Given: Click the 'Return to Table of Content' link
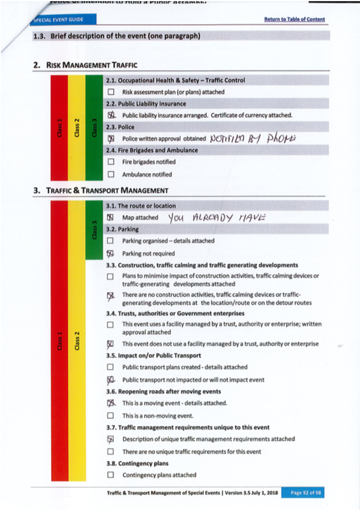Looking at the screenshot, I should tap(294, 20).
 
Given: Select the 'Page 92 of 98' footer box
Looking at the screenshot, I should tap(302, 493).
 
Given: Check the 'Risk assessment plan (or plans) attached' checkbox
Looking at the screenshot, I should tap(111, 92).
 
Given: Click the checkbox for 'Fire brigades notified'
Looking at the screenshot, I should tap(111, 162).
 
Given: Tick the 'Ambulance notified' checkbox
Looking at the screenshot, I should tap(111, 174).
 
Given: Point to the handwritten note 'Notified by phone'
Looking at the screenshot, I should tap(249, 138).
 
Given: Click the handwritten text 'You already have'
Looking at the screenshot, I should tap(216, 217).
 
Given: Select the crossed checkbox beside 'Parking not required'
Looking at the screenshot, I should tap(111, 254).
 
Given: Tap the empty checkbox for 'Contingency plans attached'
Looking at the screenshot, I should tap(111, 475).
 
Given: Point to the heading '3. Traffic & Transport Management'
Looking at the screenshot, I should tap(101, 190).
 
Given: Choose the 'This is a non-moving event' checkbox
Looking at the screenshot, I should tap(111, 415).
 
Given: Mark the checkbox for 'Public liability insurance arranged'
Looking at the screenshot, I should tap(111, 115).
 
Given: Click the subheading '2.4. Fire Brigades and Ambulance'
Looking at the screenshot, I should tap(152, 150).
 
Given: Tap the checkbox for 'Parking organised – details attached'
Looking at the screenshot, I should tap(111, 241).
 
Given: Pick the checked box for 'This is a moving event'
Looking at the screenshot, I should tap(111, 403).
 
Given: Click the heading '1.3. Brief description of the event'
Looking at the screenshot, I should tap(117, 37).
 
